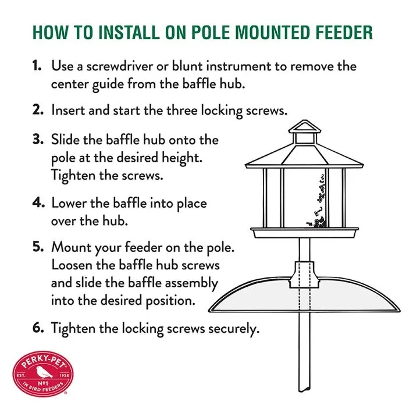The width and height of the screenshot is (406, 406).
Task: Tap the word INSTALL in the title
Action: click(x=129, y=33)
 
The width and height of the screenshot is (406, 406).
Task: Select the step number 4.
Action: click(x=38, y=202)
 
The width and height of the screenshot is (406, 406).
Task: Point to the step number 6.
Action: click(x=38, y=327)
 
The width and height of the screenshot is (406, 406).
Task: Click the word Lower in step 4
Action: click(x=69, y=203)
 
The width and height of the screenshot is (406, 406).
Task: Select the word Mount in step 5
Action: click(x=72, y=247)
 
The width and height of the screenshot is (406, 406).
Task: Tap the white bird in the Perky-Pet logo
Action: click(x=44, y=372)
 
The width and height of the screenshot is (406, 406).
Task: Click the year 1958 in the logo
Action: click(x=65, y=375)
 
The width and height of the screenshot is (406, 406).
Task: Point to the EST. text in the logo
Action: click(x=20, y=375)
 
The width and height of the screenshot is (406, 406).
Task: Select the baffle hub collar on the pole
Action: click(x=304, y=275)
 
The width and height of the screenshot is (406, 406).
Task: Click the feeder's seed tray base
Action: click(x=305, y=233)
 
